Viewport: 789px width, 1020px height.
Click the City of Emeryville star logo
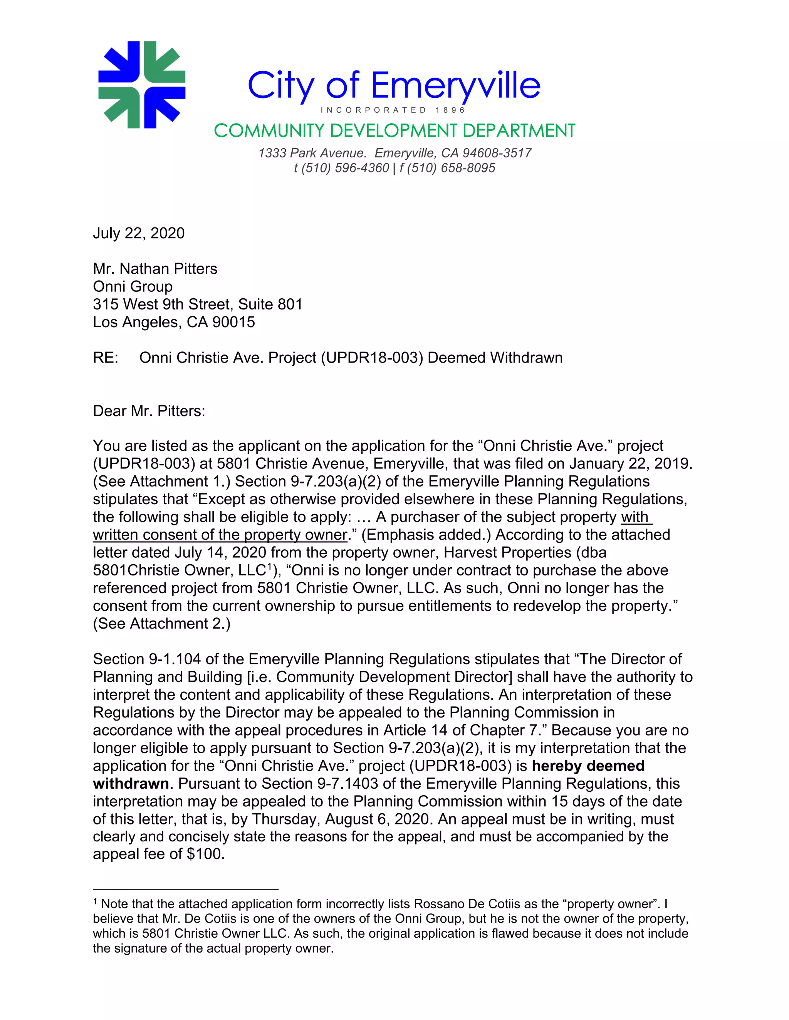(x=142, y=85)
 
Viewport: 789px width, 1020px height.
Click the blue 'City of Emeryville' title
(x=394, y=85)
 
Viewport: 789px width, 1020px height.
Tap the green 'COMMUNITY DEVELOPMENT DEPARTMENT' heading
(x=394, y=131)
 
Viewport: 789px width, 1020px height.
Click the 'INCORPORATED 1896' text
(x=393, y=110)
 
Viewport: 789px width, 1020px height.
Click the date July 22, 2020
(x=139, y=233)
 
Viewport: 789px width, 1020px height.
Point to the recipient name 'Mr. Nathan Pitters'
(x=155, y=269)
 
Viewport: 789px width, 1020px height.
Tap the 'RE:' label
(x=106, y=357)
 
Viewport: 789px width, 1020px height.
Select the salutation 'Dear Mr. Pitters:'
(x=149, y=411)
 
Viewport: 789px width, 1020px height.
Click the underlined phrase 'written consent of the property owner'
(x=220, y=535)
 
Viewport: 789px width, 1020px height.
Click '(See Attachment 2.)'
(x=162, y=624)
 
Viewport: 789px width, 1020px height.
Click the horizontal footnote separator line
(x=186, y=890)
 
